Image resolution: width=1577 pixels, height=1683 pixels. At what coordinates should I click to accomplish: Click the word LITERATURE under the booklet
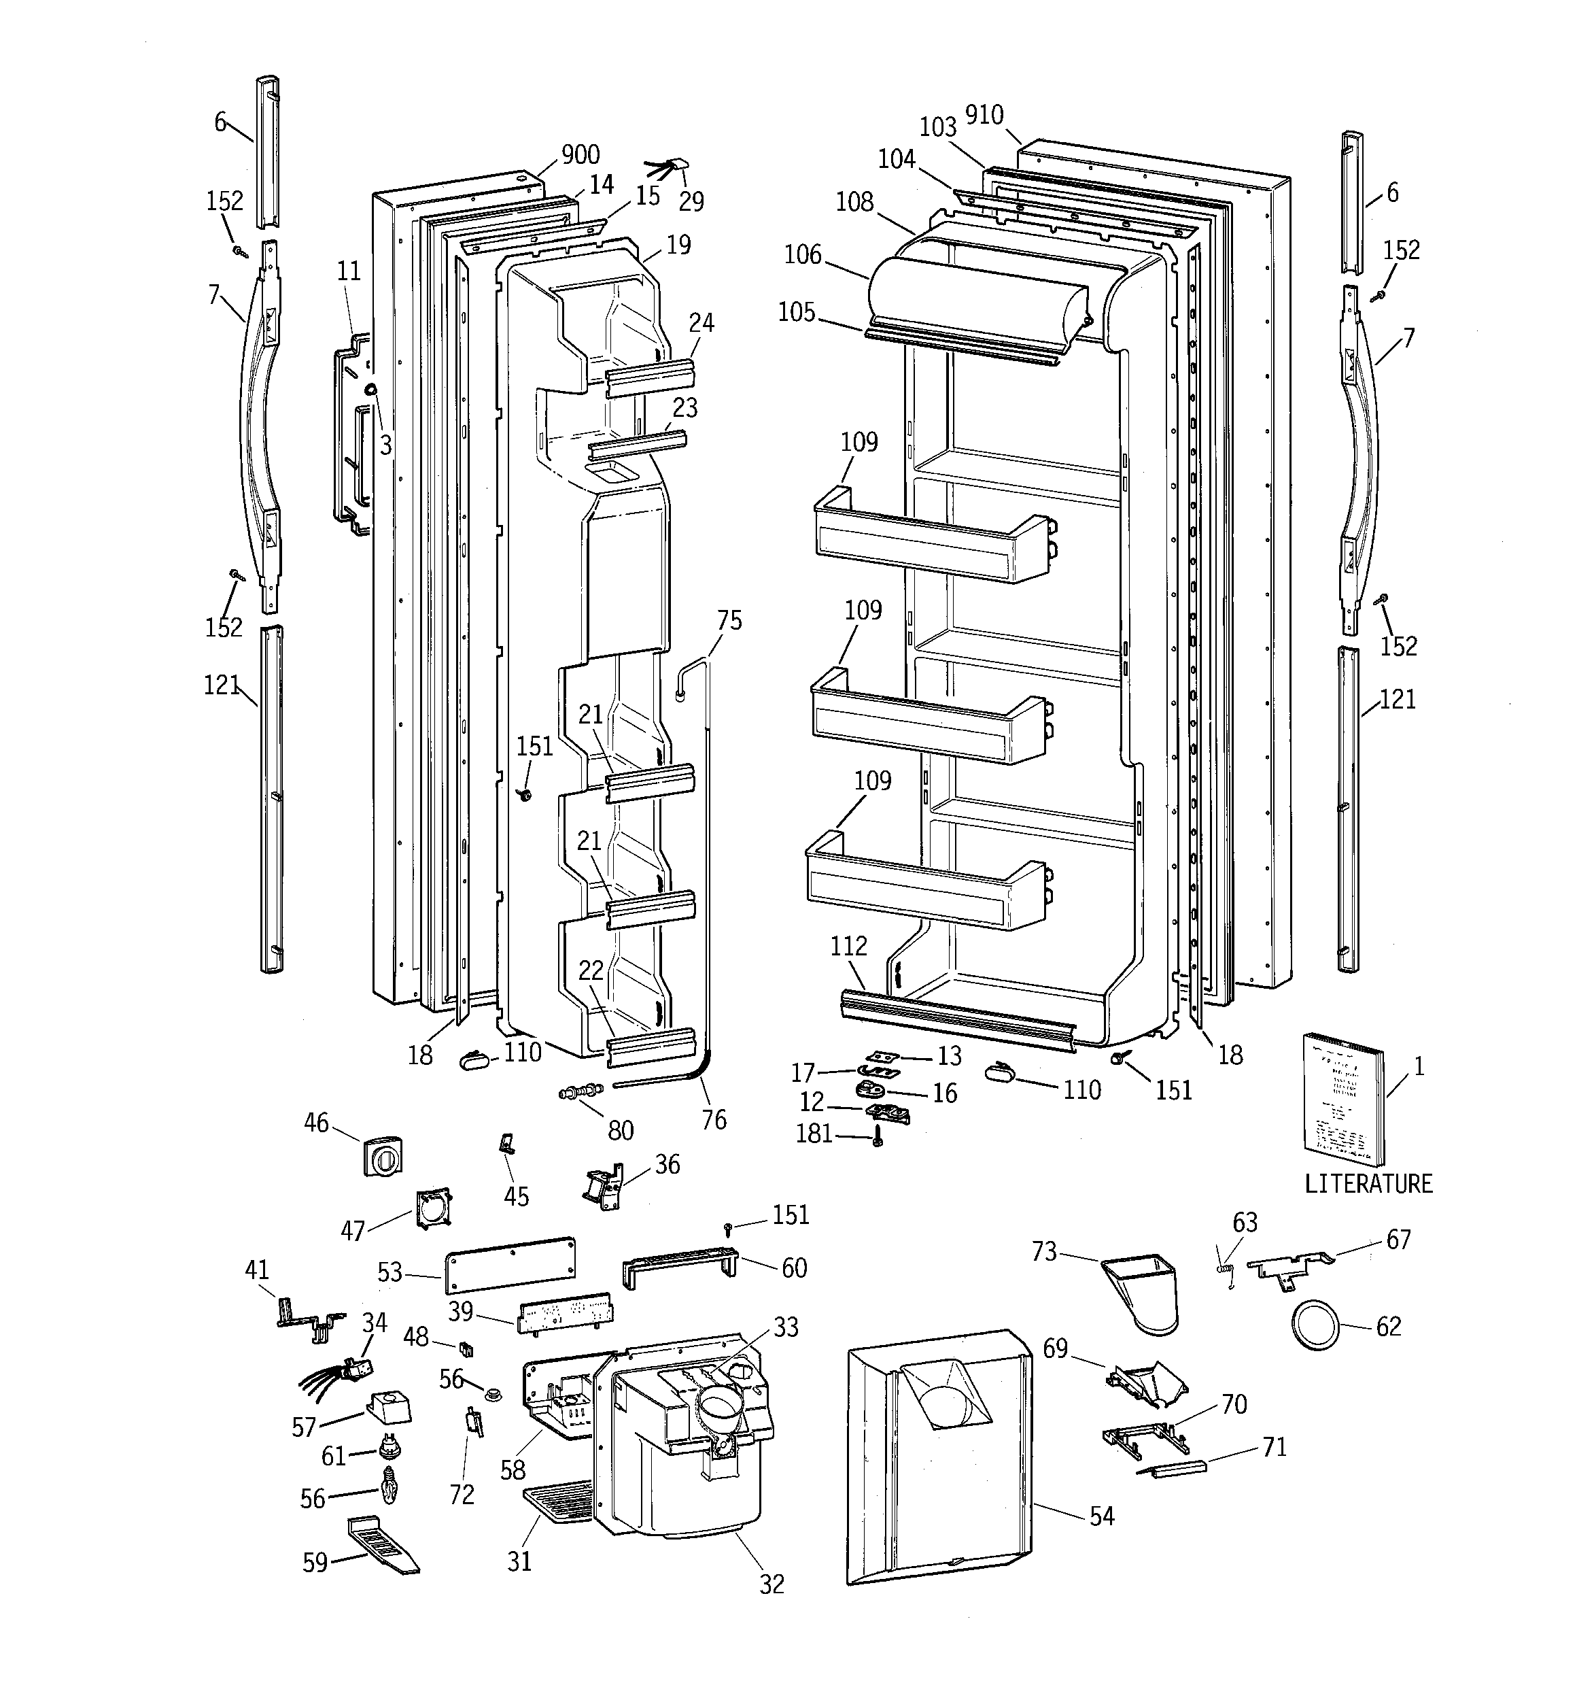point(1368,1183)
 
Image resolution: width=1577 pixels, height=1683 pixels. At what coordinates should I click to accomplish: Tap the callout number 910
point(984,115)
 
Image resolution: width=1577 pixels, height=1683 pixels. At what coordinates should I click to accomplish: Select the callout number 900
point(580,155)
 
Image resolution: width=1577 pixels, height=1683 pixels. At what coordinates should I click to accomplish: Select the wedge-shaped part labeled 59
point(383,1546)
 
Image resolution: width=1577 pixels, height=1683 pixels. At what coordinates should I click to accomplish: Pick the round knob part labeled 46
point(383,1155)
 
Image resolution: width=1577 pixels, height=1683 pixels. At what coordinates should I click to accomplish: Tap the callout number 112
point(848,946)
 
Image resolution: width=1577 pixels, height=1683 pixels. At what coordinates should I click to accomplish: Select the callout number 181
point(814,1133)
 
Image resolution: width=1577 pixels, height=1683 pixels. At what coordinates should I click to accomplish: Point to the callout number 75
point(729,621)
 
